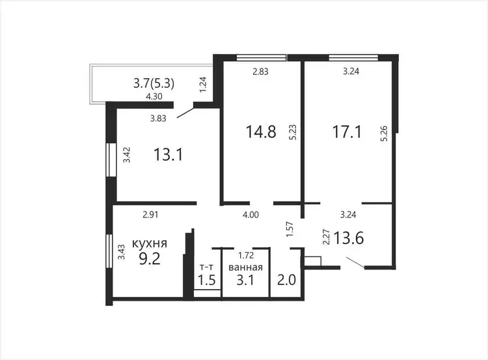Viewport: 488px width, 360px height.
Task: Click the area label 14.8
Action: pyautogui.click(x=261, y=132)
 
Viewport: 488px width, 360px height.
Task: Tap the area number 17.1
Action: pyautogui.click(x=347, y=132)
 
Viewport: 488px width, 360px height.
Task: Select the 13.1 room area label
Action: pyautogui.click(x=169, y=154)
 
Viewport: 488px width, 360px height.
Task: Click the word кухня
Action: pyautogui.click(x=150, y=243)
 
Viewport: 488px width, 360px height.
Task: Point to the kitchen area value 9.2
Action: pyautogui.click(x=150, y=259)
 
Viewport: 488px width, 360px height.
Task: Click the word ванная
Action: pyautogui.click(x=245, y=267)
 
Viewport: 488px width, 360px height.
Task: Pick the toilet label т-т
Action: pyautogui.click(x=206, y=267)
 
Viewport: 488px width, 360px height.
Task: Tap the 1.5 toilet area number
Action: pyautogui.click(x=207, y=281)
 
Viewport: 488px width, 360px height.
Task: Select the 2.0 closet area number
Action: pyautogui.click(x=287, y=281)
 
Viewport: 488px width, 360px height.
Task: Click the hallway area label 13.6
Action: pyautogui.click(x=349, y=238)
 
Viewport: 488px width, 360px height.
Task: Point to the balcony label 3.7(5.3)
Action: pyautogui.click(x=154, y=83)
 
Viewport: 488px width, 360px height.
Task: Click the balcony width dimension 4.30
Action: pyautogui.click(x=154, y=96)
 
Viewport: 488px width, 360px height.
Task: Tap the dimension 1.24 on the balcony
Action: pyautogui.click(x=203, y=85)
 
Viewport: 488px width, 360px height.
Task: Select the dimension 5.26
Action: pyautogui.click(x=385, y=133)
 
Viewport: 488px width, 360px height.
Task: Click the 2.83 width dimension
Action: pyautogui.click(x=260, y=72)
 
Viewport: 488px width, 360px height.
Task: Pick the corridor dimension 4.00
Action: pyautogui.click(x=251, y=215)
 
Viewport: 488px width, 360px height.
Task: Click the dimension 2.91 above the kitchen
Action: pyautogui.click(x=151, y=215)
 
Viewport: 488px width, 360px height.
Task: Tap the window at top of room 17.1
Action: pyautogui.click(x=353, y=57)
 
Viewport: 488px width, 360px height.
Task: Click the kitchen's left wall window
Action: pyautogui.click(x=109, y=251)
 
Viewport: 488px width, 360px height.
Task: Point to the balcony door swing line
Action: pyautogui.click(x=185, y=113)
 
